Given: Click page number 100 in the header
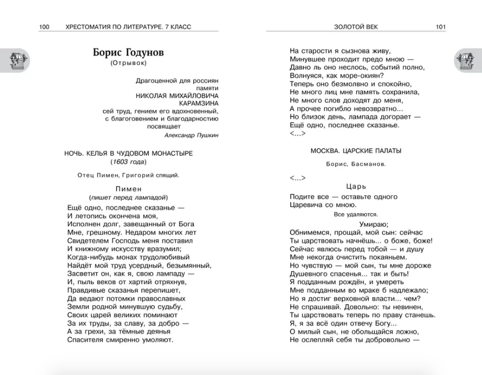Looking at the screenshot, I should tap(44, 27).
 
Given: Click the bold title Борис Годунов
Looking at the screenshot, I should tap(128, 53).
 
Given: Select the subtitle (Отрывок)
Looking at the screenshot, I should tap(128, 64).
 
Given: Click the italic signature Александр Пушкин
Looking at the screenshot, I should tap(191, 135).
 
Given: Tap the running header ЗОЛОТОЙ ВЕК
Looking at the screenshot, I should tap(355, 27).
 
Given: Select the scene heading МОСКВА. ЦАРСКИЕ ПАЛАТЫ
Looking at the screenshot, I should tap(355, 151).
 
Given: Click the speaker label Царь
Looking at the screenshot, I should tap(356, 186).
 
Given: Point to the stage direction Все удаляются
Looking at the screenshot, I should tap(355, 214).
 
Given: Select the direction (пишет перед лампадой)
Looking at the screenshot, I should tap(128, 197).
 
